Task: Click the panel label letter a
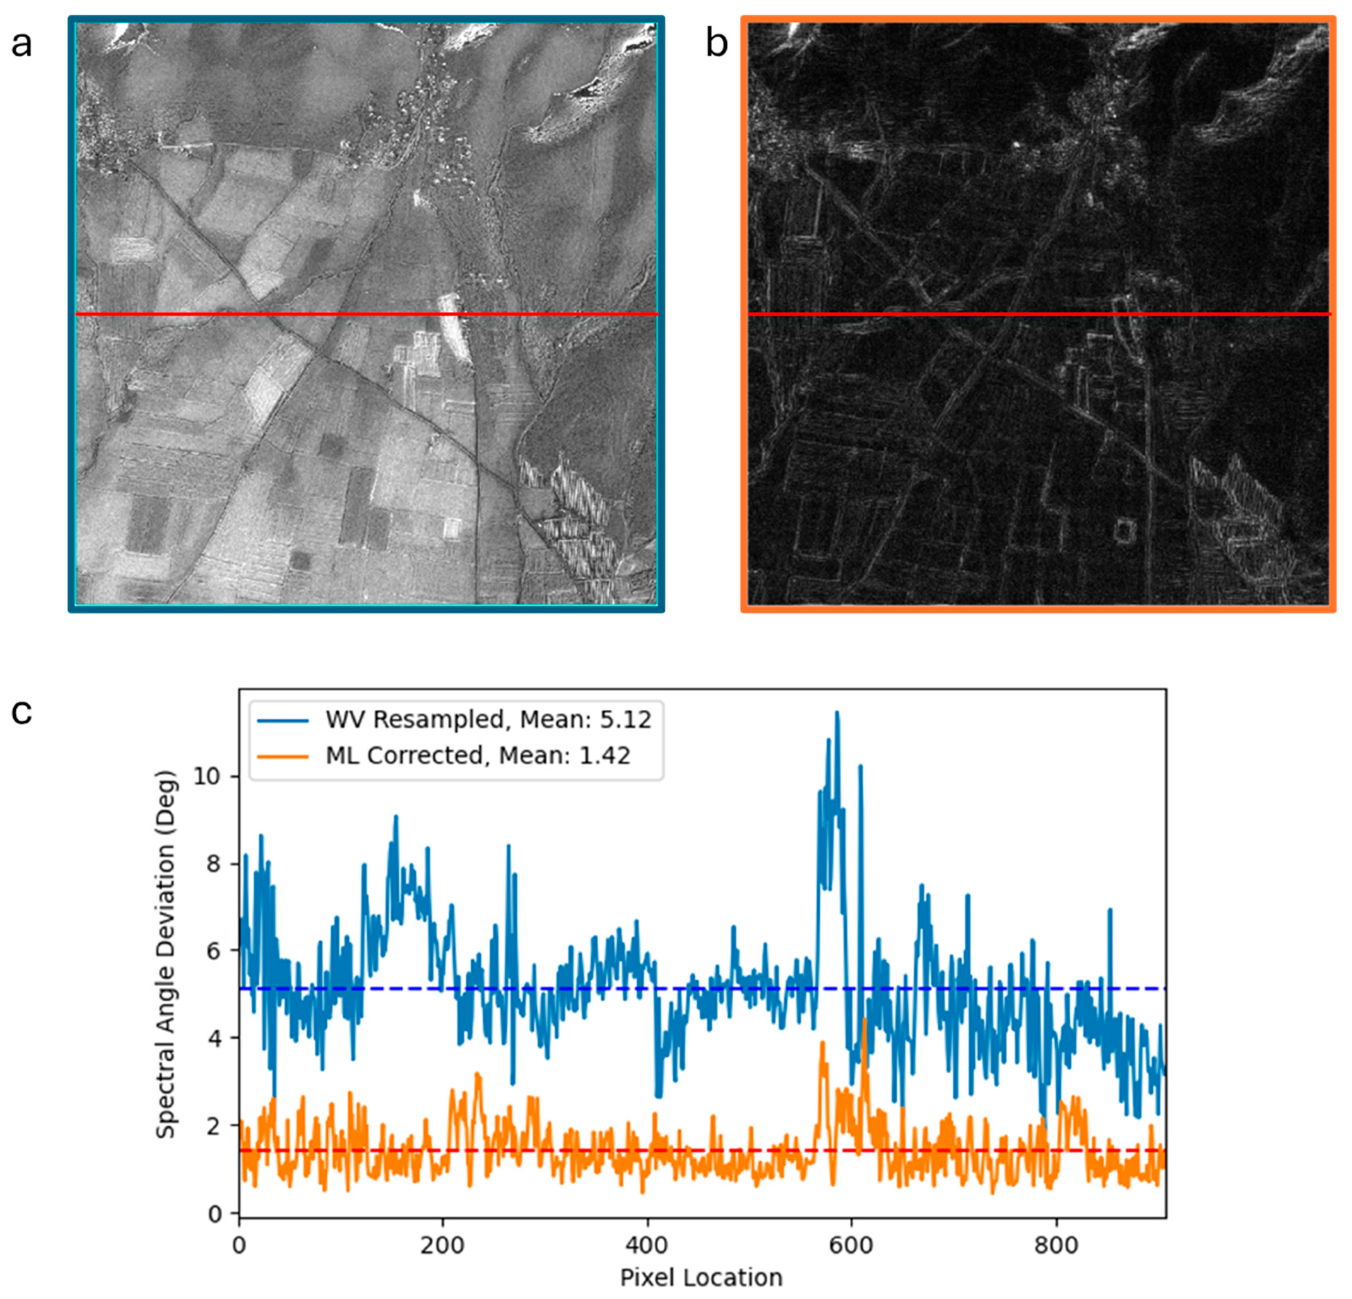21,46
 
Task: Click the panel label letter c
21,712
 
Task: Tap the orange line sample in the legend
283,756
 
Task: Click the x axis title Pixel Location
701,1278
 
